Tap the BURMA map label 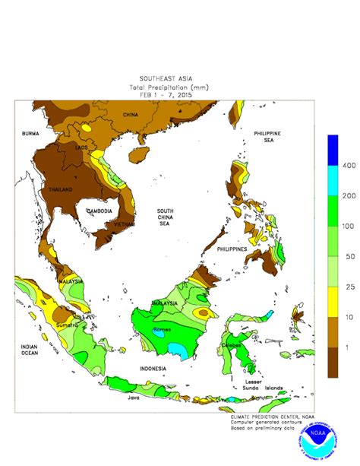[x=30, y=133]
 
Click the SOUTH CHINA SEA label [x=168, y=217]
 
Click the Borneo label [x=163, y=329]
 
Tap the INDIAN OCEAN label [x=30, y=350]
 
